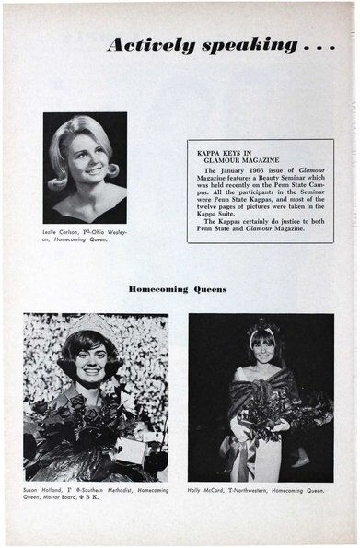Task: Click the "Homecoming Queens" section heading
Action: pyautogui.click(x=179, y=289)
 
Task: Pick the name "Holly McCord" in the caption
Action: pyautogui.click(x=208, y=490)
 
